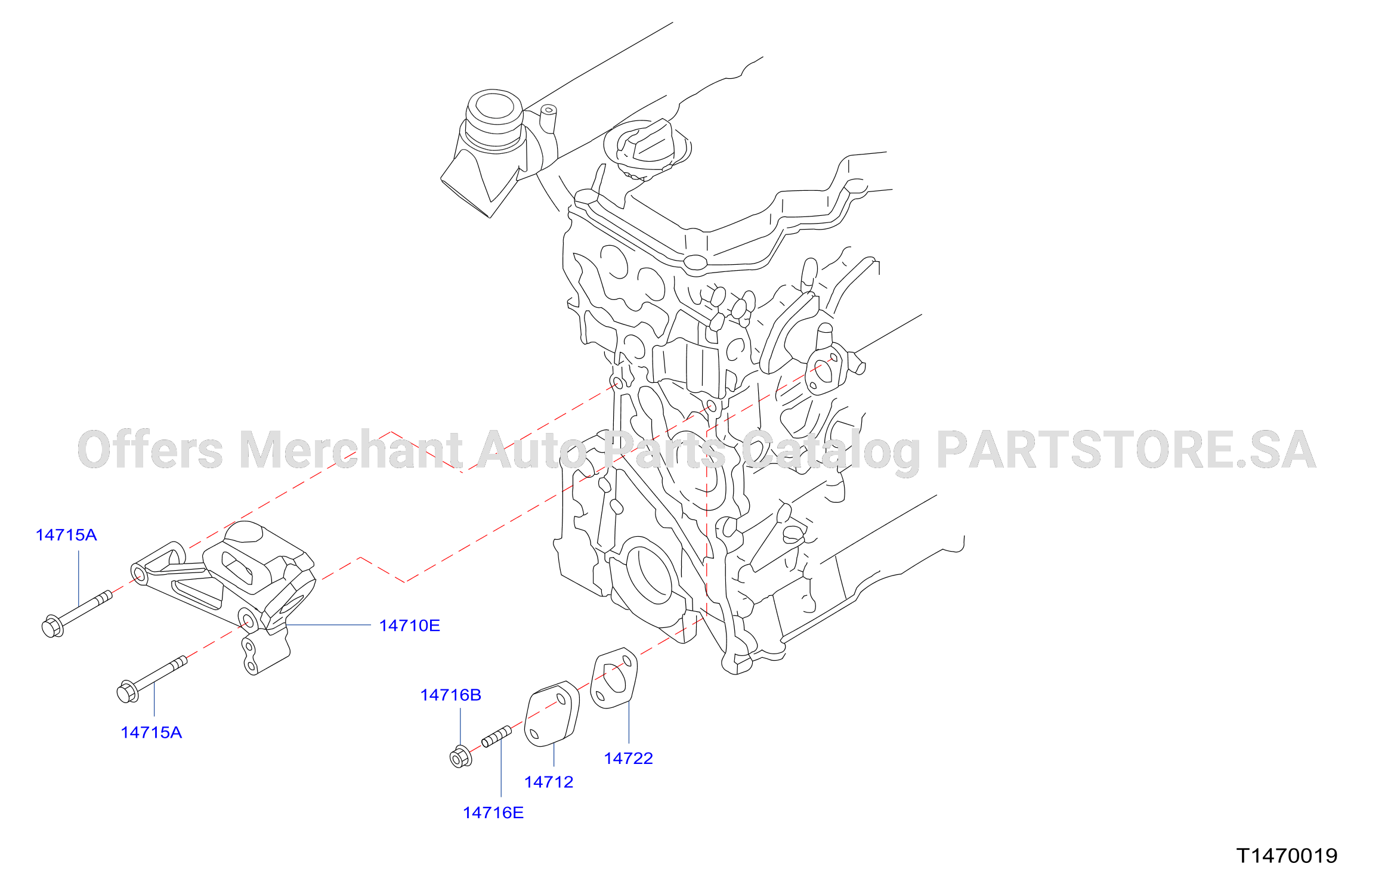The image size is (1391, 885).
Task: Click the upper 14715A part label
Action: [x=66, y=535]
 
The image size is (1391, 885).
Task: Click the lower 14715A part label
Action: [x=151, y=732]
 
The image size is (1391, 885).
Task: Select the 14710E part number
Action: [x=410, y=626]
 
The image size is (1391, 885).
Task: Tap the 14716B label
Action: [x=450, y=695]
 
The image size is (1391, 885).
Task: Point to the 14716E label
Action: [x=493, y=812]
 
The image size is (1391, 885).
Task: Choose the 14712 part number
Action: [x=549, y=782]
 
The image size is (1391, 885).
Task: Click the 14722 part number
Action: [x=629, y=758]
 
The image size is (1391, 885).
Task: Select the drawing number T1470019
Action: [x=1287, y=856]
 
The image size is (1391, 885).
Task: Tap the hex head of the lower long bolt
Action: [x=128, y=692]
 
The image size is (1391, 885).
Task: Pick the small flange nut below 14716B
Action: [x=460, y=757]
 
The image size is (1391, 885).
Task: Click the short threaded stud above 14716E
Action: [x=496, y=737]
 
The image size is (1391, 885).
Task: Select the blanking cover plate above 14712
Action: [x=552, y=713]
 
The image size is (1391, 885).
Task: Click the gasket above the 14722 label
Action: [x=614, y=677]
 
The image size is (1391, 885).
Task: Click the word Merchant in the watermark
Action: [x=351, y=450]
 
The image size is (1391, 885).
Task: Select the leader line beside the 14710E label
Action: [x=329, y=625]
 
